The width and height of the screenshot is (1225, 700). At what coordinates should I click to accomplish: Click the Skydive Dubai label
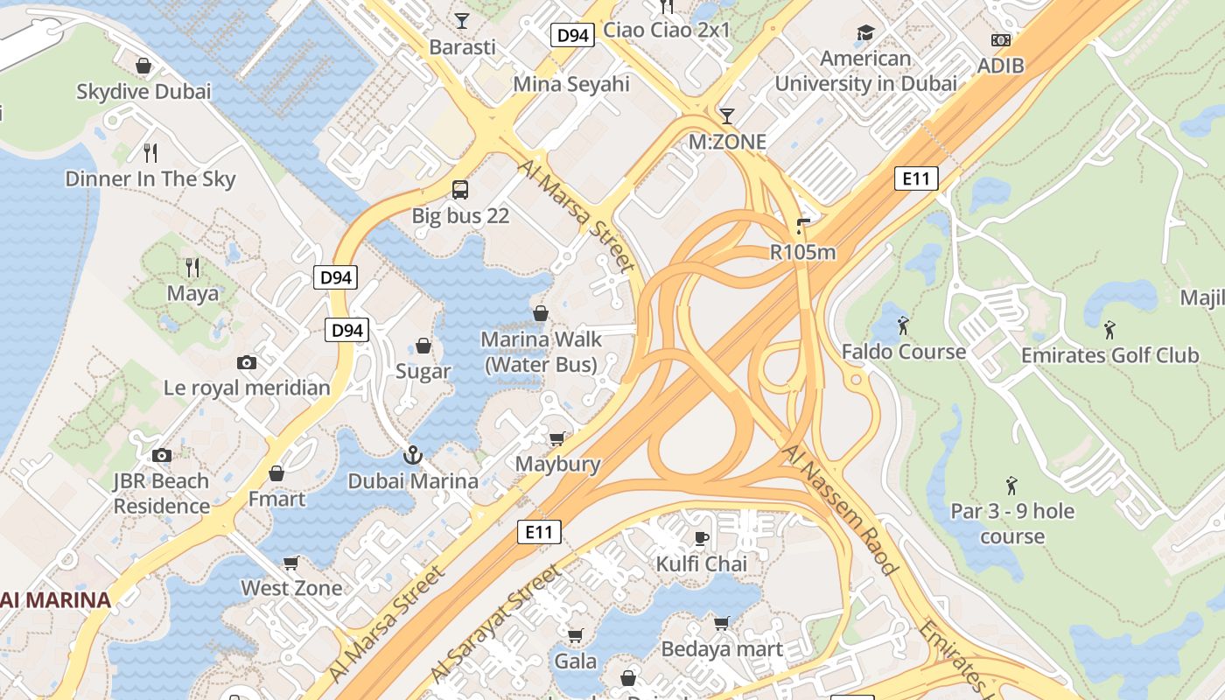(x=143, y=91)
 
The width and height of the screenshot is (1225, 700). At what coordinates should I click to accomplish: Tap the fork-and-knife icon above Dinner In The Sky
(x=150, y=152)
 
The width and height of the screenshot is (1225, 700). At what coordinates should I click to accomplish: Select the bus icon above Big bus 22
(x=460, y=189)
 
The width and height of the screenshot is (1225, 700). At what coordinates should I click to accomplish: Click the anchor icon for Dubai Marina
(x=412, y=455)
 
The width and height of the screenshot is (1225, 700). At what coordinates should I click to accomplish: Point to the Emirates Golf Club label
(x=1109, y=355)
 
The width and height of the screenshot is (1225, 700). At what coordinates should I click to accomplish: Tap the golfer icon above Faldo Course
(x=904, y=326)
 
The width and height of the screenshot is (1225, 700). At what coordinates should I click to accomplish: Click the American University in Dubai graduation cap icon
(x=865, y=33)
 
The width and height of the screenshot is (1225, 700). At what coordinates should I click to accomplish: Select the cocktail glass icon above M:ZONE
(x=727, y=115)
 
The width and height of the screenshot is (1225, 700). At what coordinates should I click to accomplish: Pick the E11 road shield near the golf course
(x=916, y=179)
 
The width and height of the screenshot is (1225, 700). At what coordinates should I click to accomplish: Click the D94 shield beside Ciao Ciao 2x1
(x=573, y=35)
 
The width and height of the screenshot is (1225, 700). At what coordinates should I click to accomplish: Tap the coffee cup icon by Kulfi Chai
(x=701, y=537)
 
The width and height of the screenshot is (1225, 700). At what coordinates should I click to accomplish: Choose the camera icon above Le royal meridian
(x=247, y=362)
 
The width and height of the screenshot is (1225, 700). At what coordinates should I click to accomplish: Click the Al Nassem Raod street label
(x=841, y=509)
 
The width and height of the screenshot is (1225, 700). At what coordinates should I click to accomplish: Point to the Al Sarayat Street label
(x=494, y=623)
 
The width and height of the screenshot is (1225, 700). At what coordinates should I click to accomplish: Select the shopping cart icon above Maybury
(x=556, y=437)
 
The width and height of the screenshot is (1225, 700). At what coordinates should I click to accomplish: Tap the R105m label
(x=802, y=252)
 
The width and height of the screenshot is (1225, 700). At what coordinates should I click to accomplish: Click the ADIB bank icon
(x=1000, y=40)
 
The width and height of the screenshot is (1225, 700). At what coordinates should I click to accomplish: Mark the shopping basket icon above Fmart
(x=276, y=473)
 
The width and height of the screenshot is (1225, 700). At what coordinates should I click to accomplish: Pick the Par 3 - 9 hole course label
(x=1012, y=522)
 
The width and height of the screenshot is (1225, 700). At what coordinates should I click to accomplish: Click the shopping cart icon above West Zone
(x=291, y=562)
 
